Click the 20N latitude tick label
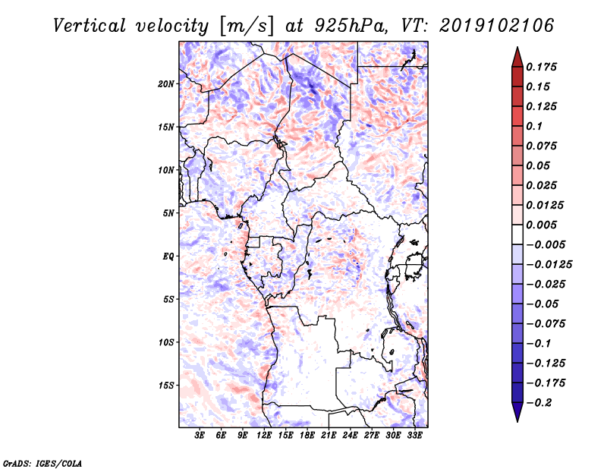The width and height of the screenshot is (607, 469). click(x=166, y=83)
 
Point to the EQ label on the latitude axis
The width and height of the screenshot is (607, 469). click(x=168, y=257)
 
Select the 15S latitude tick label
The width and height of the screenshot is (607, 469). click(x=166, y=386)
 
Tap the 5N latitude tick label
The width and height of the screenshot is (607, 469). click(x=168, y=213)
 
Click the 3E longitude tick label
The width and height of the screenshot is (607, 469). click(x=200, y=436)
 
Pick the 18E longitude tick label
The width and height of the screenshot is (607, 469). click(x=307, y=436)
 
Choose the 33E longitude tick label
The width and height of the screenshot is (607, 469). click(x=414, y=436)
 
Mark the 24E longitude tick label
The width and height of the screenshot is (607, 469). click(x=350, y=436)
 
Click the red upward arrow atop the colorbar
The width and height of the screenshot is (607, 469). click(x=517, y=55)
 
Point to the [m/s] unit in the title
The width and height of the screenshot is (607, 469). click(x=244, y=26)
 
